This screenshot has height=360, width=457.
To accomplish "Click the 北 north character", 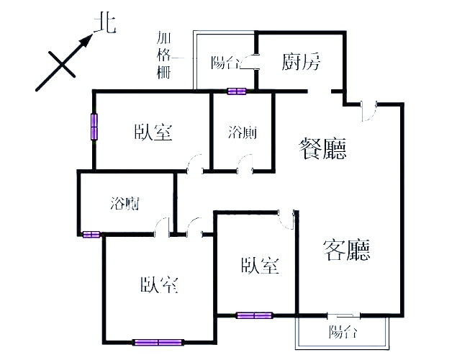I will [x=105, y=23].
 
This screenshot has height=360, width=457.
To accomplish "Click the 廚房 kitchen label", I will [x=300, y=62].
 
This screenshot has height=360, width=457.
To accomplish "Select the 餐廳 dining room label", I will [x=323, y=150].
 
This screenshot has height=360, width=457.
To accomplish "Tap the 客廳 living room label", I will [x=347, y=250].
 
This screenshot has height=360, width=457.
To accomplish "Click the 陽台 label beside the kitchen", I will [x=225, y=63].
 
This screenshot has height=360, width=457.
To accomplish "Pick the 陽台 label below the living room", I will [x=343, y=332].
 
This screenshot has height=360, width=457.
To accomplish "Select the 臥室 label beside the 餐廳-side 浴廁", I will [x=153, y=132].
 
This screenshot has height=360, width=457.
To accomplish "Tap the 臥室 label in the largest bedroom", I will [x=159, y=285].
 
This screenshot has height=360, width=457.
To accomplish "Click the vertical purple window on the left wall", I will [x=94, y=127].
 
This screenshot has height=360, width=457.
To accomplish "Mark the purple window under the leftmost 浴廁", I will [x=91, y=234].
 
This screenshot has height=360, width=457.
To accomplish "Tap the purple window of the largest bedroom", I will [x=158, y=342].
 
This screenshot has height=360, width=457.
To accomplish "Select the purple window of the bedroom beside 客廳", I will [x=254, y=315].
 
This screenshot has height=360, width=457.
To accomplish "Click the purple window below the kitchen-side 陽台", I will [x=237, y=91].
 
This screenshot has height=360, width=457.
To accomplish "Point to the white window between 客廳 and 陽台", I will [x=343, y=315].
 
